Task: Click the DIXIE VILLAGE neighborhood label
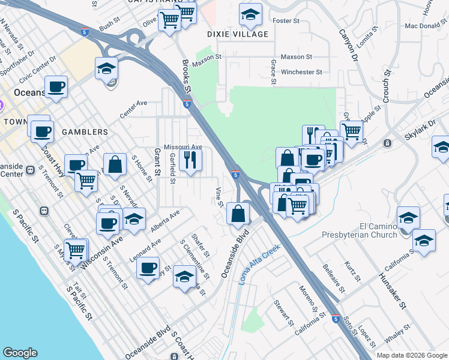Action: (238, 34)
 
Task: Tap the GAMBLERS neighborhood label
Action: (83, 131)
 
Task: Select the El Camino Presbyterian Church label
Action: (360, 230)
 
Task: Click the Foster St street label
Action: (286, 21)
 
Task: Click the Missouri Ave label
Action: (183, 146)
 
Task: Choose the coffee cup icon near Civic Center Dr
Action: (56, 87)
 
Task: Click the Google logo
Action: (20, 353)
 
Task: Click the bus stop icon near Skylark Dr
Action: (387, 143)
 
